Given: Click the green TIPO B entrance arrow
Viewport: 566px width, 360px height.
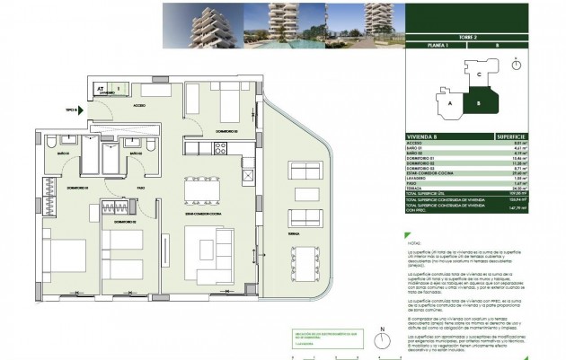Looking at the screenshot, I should [x=80, y=110].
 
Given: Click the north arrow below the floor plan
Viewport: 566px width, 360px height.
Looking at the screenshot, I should [x=382, y=341].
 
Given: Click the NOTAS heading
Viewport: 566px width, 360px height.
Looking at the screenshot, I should [x=414, y=242].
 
